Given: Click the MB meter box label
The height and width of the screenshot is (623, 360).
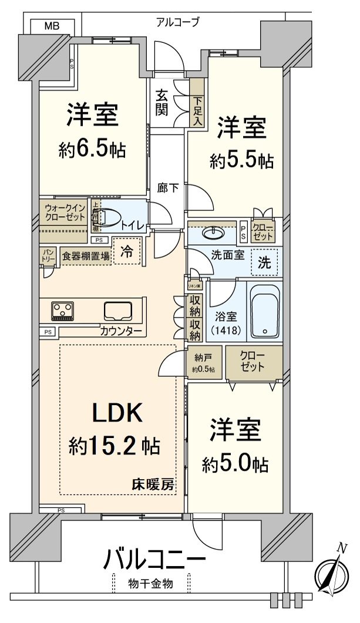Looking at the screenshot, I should point(53,26).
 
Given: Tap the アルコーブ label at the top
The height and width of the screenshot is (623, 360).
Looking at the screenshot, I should point(177,22).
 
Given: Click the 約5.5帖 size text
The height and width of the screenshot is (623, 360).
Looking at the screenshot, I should point(241,160).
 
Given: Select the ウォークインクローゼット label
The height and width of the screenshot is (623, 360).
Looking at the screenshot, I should point(63,212).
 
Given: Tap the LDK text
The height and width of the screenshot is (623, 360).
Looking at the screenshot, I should point(117,413).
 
